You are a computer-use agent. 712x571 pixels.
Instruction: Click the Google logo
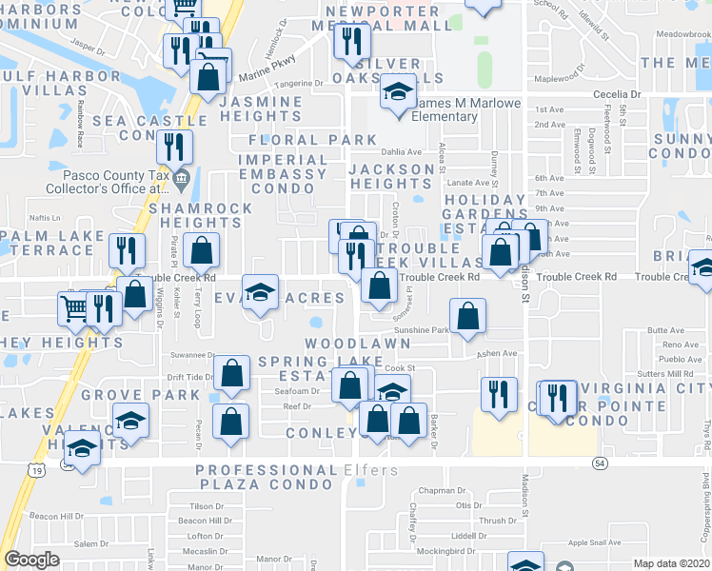click(x=32, y=561)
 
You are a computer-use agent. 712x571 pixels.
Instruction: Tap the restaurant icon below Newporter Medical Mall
click(x=352, y=41)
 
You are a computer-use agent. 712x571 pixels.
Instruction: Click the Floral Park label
click(x=300, y=140)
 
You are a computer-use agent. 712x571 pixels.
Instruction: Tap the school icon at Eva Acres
click(x=258, y=292)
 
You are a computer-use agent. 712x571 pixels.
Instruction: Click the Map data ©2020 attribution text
click(x=672, y=563)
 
